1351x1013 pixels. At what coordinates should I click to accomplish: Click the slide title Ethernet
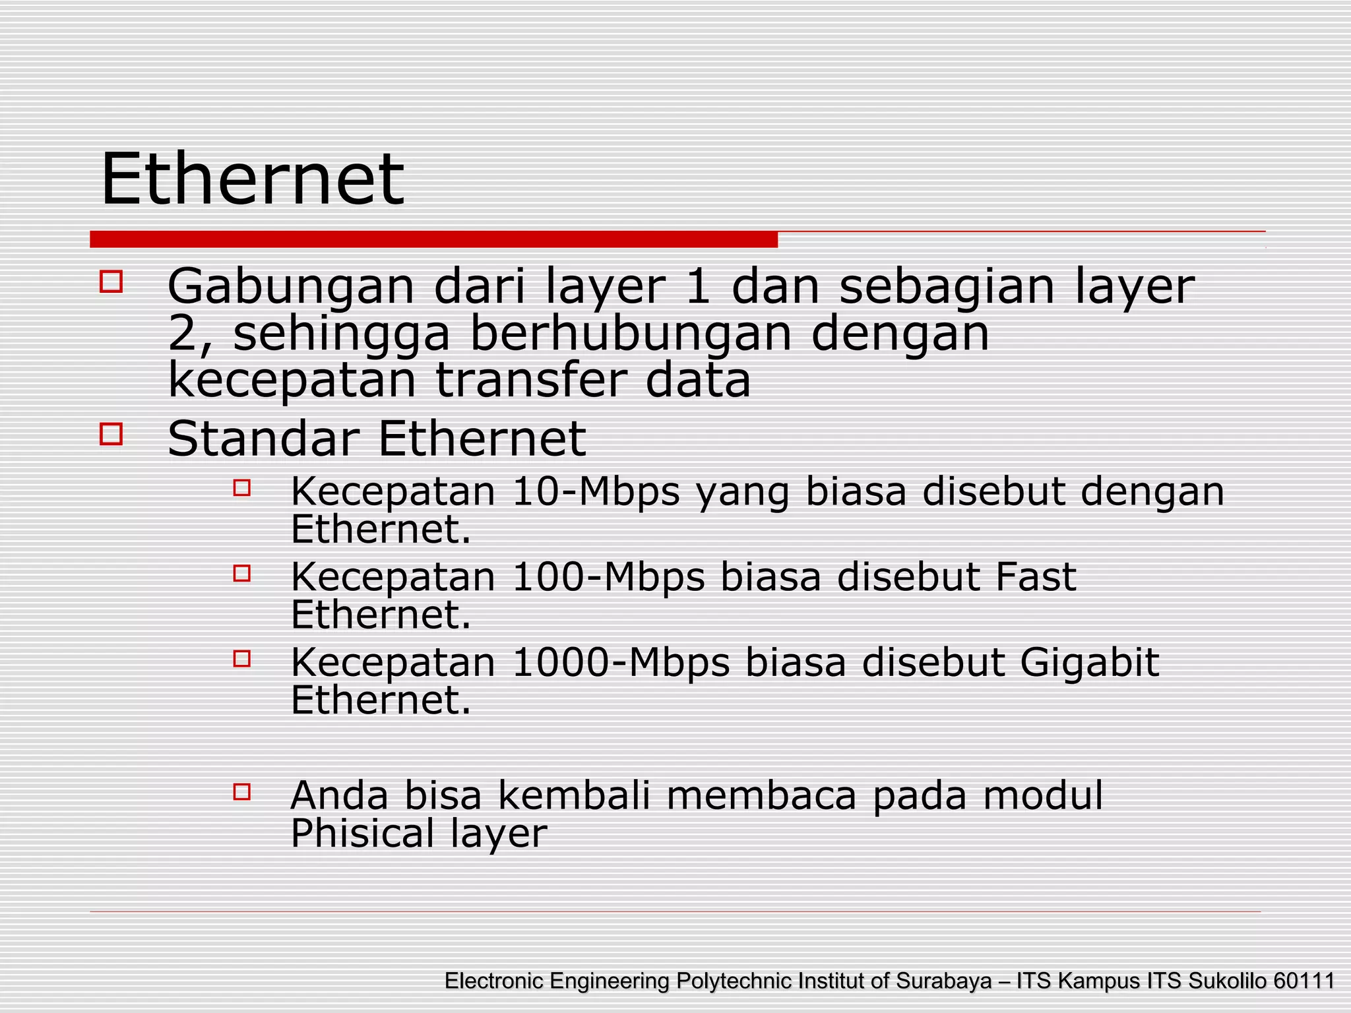click(x=252, y=179)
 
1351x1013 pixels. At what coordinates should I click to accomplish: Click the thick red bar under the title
click(x=433, y=239)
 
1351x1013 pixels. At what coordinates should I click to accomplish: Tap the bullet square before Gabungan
click(x=111, y=282)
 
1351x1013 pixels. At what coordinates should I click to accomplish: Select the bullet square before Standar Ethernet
click(x=111, y=435)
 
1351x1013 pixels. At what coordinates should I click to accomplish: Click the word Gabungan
click(x=291, y=288)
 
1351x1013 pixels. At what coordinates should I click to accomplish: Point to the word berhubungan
click(x=630, y=334)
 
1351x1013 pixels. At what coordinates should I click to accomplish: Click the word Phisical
click(x=362, y=833)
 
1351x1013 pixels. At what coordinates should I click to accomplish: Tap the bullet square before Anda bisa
click(x=242, y=791)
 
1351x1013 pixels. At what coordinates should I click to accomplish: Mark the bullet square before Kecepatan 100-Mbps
click(x=242, y=573)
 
